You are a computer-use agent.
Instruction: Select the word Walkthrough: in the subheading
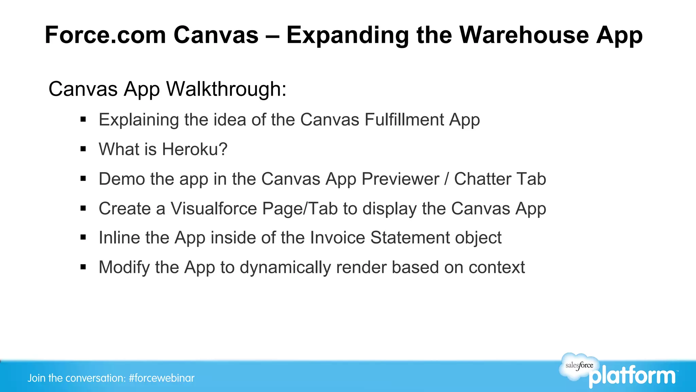point(226,89)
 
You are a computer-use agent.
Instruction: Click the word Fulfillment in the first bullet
point(404,120)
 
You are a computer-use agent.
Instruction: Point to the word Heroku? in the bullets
point(194,149)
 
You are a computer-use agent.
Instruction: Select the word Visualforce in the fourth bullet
point(213,208)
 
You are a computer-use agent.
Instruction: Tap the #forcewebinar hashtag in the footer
point(161,378)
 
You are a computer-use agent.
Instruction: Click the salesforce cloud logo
point(579,366)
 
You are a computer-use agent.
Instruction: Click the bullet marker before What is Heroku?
point(83,149)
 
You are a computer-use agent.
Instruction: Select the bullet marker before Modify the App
point(83,267)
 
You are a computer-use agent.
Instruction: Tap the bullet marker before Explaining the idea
point(83,119)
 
